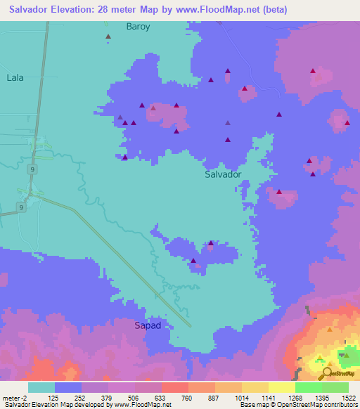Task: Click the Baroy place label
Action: [139, 27]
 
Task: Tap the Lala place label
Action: [15, 78]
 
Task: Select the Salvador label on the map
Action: [223, 174]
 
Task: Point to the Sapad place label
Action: [148, 325]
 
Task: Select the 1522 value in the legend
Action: [348, 397]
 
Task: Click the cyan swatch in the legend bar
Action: [41, 387]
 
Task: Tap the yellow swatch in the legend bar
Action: [282, 387]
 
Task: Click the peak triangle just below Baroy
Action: [108, 37]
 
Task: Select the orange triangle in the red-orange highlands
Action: [329, 329]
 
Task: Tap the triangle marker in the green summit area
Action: [346, 355]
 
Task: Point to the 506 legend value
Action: [134, 397]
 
